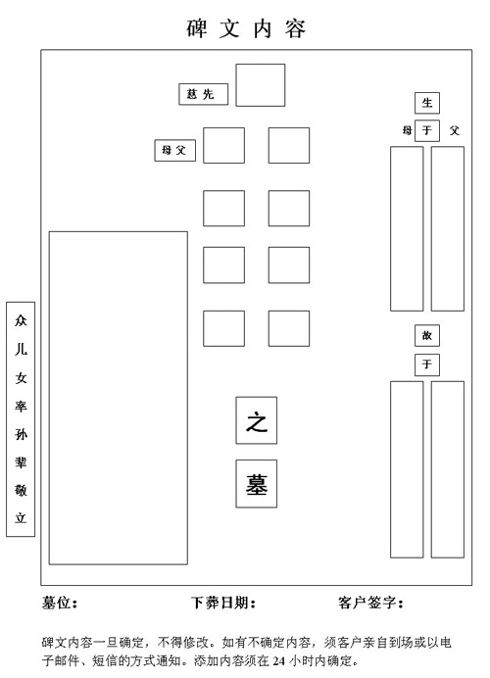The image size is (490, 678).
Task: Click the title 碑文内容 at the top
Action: point(246,28)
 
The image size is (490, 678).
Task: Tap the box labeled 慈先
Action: point(203,94)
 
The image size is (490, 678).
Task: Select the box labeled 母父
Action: point(174,151)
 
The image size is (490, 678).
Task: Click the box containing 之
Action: point(257,420)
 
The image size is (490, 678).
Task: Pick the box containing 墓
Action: point(257,484)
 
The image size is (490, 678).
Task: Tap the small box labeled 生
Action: point(427,103)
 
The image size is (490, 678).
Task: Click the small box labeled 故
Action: point(427,335)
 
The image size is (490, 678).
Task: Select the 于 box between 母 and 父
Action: point(427,130)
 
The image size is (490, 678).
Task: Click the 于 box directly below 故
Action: point(427,364)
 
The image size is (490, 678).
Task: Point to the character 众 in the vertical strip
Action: point(21,320)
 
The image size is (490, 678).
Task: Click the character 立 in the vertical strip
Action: point(21,517)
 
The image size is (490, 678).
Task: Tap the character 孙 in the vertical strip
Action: point(21,434)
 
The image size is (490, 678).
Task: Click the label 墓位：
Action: point(60,603)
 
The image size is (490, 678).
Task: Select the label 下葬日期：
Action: point(223,603)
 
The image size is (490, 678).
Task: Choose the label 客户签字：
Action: point(370,603)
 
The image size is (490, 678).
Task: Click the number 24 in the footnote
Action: point(278,660)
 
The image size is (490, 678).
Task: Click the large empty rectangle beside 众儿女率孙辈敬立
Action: point(118,398)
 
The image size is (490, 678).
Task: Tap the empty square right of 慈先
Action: point(261,85)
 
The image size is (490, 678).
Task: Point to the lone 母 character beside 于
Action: point(407,130)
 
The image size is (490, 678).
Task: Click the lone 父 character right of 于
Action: point(454,130)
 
